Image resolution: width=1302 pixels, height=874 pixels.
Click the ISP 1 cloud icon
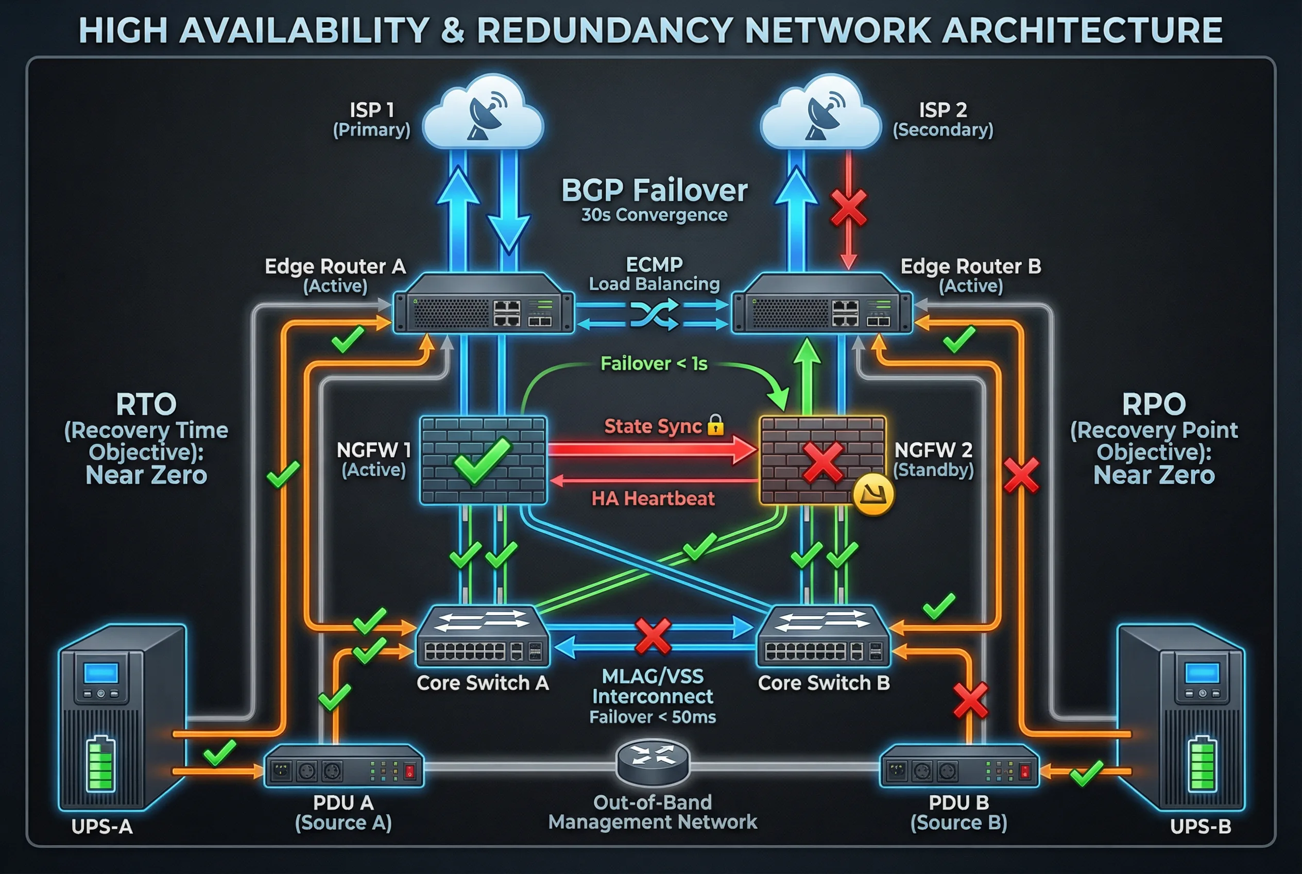tap(483, 114)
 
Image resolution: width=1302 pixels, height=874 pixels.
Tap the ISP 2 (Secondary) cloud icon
tap(820, 114)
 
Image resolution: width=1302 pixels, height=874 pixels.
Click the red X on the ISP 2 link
tap(848, 207)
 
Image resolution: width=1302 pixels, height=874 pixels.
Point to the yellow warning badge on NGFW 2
tap(873, 494)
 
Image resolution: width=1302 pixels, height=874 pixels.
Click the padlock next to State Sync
tap(715, 425)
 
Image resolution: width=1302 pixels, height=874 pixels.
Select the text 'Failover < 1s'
tap(654, 364)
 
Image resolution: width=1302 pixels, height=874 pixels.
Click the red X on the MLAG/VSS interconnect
tap(653, 636)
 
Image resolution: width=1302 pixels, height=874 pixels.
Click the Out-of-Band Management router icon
tap(653, 762)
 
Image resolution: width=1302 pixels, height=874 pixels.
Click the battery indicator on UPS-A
tap(101, 764)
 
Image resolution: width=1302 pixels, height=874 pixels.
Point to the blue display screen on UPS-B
tap(1202, 673)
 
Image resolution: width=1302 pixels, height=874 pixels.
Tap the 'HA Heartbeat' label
tap(653, 498)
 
